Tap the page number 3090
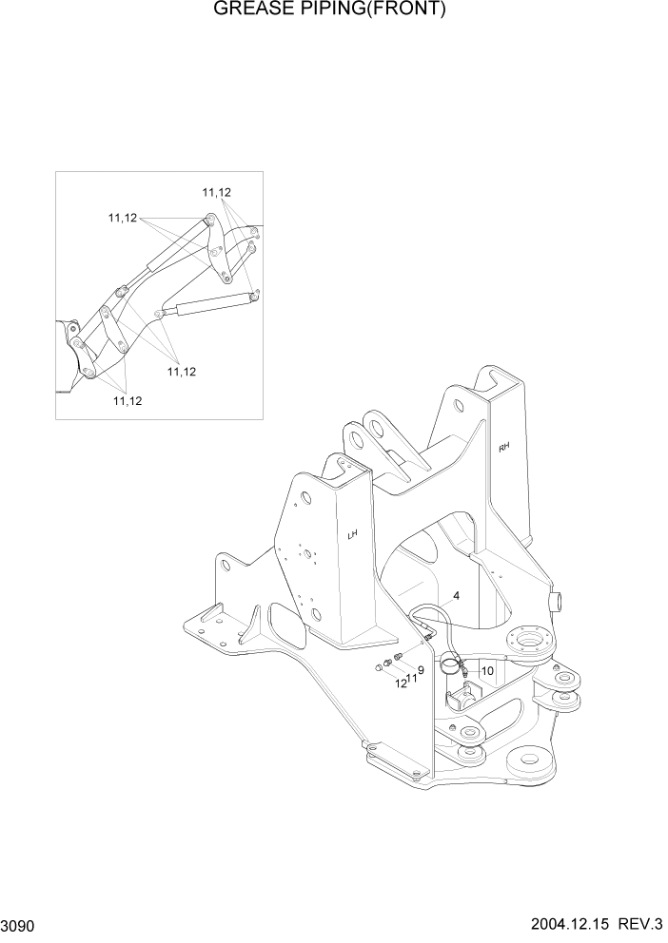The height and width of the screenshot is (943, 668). click(20, 925)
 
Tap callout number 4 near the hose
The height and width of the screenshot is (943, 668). click(457, 596)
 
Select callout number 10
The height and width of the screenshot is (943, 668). click(486, 670)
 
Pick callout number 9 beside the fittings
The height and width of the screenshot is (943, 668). click(421, 670)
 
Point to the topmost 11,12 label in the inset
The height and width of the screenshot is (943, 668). click(217, 192)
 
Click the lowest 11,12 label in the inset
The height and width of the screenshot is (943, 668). click(128, 401)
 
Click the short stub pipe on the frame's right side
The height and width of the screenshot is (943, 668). click(559, 602)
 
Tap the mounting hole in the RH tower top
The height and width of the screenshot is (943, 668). click(462, 408)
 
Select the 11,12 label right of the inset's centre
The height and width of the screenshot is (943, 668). click(181, 371)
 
